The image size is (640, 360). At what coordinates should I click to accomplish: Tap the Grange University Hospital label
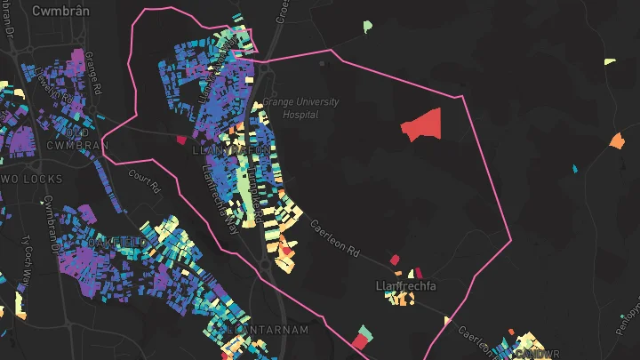click(x=310, y=108)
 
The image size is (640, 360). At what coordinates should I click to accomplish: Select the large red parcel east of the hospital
click(x=422, y=124)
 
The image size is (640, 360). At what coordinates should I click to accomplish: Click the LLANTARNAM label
click(x=268, y=330)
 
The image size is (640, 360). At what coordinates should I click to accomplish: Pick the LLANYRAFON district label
click(x=230, y=152)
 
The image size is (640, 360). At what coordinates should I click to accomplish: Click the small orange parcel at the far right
click(x=617, y=140)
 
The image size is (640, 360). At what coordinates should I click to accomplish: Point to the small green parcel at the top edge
click(x=368, y=27)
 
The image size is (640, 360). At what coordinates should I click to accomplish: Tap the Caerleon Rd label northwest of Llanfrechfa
click(x=333, y=238)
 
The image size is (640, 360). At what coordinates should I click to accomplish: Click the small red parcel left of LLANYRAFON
click(x=181, y=140)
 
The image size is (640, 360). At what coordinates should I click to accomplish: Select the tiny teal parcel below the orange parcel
click(x=575, y=168)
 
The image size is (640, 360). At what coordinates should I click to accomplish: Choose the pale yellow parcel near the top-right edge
click(x=609, y=61)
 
